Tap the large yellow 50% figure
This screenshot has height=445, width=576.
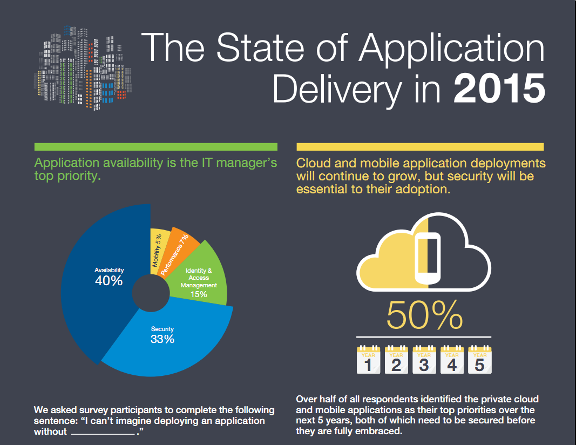pos(424,315)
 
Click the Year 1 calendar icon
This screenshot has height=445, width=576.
pos(368,360)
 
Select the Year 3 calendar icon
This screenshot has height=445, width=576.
pos(424,360)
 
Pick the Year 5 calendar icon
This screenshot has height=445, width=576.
pos(479,360)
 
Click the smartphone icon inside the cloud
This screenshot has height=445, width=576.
pos(428,252)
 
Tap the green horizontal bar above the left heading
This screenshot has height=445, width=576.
pos(155,147)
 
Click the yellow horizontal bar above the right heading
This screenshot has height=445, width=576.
pos(420,147)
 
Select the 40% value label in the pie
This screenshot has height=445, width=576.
pos(109,281)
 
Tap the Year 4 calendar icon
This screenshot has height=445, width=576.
pos(452,360)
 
